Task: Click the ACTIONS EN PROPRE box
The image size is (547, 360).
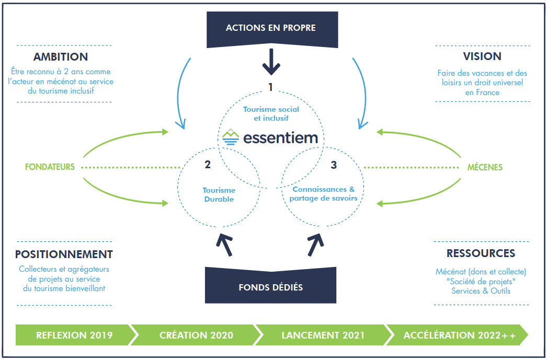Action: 270,28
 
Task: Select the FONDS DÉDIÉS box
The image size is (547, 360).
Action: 270,287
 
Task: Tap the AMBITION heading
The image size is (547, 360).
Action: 61,57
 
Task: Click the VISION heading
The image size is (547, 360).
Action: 482,56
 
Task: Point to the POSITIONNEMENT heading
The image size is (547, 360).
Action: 64,254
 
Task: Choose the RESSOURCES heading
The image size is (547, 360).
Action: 481,254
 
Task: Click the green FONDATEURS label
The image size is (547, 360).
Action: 50,167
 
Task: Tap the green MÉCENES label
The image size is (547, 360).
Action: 485,168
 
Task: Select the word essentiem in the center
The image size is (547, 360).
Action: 280,137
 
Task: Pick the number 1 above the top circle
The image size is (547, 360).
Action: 270,88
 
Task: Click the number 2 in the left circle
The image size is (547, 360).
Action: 208,166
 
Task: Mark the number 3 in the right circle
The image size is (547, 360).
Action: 334,166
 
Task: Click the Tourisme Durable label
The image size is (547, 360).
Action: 219,195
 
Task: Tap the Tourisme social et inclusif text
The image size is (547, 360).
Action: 271,114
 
